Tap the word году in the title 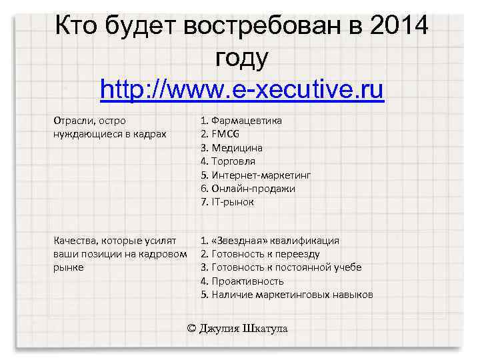click(x=241, y=58)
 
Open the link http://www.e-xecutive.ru click(x=241, y=89)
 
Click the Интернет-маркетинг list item click(x=261, y=175)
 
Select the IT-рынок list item click(x=232, y=202)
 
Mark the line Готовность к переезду click(x=260, y=254)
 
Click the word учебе click(x=347, y=267)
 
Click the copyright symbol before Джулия click(x=192, y=328)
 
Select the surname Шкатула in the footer click(x=265, y=328)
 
